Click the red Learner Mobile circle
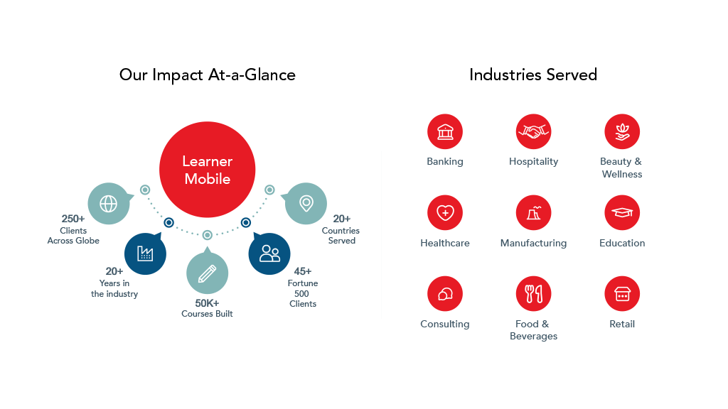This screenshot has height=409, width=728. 207,170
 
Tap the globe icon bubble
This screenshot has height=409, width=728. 109,204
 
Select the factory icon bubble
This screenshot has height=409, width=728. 145,253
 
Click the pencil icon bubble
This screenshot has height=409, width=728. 207,273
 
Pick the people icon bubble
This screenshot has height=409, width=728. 269,253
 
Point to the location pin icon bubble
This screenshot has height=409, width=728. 306,204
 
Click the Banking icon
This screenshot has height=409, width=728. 445,132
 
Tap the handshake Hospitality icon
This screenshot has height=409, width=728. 533,132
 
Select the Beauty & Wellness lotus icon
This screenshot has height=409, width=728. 622,132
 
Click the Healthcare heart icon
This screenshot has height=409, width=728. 445,213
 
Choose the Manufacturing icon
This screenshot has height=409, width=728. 533,213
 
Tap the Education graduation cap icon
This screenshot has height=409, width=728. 622,213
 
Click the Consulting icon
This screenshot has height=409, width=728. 445,294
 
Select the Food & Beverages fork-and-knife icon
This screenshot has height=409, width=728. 533,294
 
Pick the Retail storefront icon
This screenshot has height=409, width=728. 622,294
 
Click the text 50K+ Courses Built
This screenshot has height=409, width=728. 207,308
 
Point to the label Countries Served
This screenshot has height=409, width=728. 341,235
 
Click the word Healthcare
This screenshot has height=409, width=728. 445,243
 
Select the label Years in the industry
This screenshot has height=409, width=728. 114,288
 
